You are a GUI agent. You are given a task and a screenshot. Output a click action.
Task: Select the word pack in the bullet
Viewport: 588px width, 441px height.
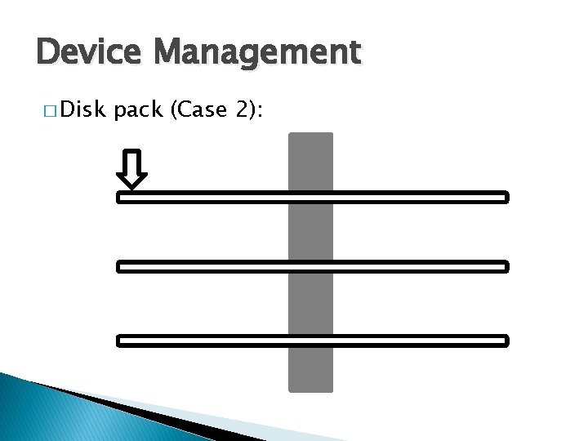pyautogui.click(x=139, y=111)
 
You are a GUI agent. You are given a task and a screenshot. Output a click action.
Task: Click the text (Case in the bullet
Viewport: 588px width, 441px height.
pyautogui.click(x=196, y=110)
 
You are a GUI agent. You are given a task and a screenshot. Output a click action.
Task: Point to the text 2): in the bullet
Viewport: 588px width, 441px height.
pyautogui.click(x=247, y=110)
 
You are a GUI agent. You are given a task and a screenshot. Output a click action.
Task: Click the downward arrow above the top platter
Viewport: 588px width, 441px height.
pyautogui.click(x=131, y=168)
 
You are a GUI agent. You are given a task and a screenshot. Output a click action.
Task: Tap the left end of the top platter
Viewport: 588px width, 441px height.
pyautogui.click(x=122, y=197)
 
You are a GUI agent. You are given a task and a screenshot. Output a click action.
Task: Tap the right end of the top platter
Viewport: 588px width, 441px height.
pyautogui.click(x=504, y=197)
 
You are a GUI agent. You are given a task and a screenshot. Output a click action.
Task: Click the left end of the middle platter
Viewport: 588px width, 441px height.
pyautogui.click(x=122, y=266)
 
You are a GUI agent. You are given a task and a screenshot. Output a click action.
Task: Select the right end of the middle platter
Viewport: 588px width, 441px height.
pyautogui.click(x=504, y=266)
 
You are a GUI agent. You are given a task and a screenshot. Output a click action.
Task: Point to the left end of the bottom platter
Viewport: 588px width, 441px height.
pyautogui.click(x=122, y=341)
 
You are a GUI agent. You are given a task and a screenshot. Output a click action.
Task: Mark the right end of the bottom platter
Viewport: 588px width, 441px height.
pyautogui.click(x=504, y=341)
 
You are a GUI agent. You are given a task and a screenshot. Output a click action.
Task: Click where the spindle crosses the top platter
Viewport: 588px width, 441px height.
pyautogui.click(x=311, y=197)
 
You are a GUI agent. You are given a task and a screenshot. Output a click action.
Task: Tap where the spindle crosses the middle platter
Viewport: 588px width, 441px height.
pyautogui.click(x=311, y=266)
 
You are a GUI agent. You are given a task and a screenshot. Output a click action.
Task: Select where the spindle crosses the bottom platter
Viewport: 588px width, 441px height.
pyautogui.click(x=311, y=341)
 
